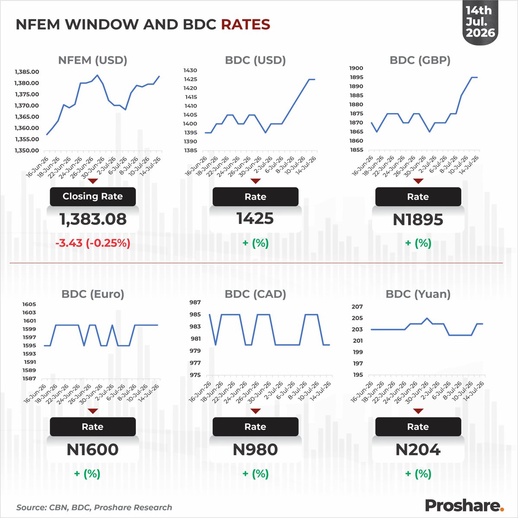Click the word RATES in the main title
click(x=245, y=25)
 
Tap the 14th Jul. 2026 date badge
click(x=480, y=22)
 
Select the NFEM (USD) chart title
click(x=92, y=60)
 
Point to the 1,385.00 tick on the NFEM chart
click(x=27, y=72)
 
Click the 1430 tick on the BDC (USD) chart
click(x=190, y=70)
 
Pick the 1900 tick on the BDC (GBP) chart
click(x=356, y=68)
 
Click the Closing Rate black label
click(x=93, y=196)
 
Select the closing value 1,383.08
click(x=93, y=219)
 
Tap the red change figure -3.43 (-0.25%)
click(x=93, y=243)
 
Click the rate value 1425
click(x=255, y=218)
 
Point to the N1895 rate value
click(x=418, y=219)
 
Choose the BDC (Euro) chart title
click(x=93, y=294)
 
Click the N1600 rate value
click(x=92, y=449)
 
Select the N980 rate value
click(x=255, y=449)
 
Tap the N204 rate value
click(x=418, y=449)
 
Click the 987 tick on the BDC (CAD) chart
click(x=195, y=302)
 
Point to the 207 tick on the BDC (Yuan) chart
click(x=357, y=306)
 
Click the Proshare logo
click(x=464, y=505)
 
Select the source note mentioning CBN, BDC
click(x=94, y=507)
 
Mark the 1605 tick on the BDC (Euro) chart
click(x=29, y=304)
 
